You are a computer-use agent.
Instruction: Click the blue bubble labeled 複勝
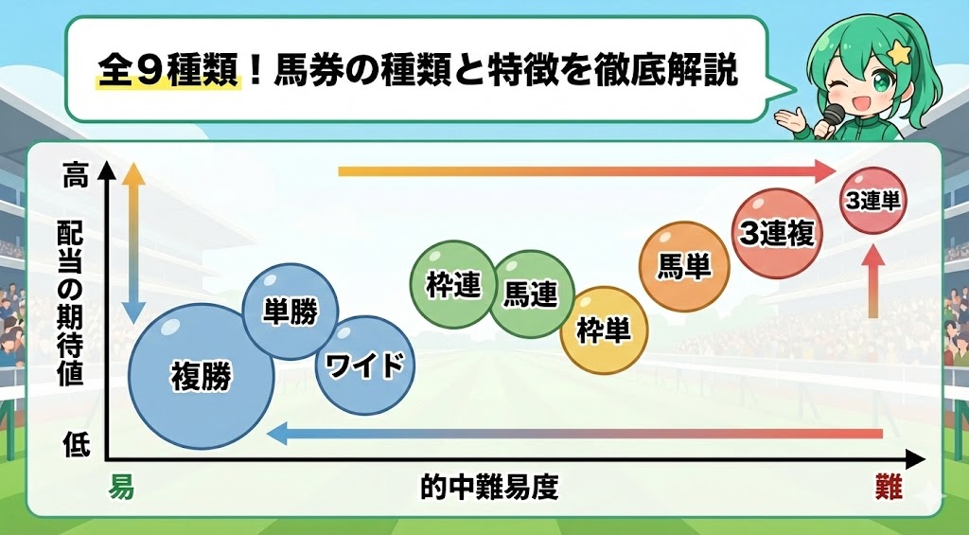[201, 377]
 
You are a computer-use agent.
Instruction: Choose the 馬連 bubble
[530, 294]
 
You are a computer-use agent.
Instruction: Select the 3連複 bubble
[777, 233]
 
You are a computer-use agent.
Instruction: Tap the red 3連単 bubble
[873, 201]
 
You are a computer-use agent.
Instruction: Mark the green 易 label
[120, 488]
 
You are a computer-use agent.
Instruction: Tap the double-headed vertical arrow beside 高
[134, 242]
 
